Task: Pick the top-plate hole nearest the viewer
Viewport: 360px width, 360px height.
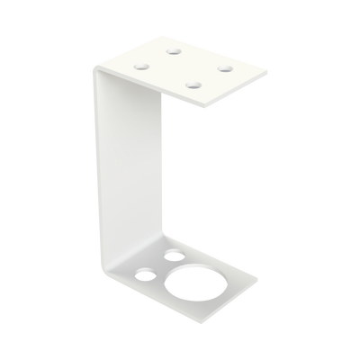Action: [192, 85]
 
